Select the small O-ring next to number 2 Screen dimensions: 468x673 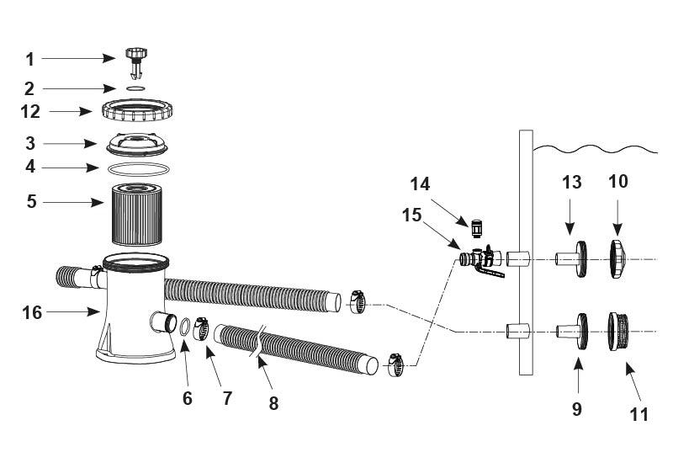pos(135,88)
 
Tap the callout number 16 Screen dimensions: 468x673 pos(33,312)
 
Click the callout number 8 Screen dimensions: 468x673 pos(273,403)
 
